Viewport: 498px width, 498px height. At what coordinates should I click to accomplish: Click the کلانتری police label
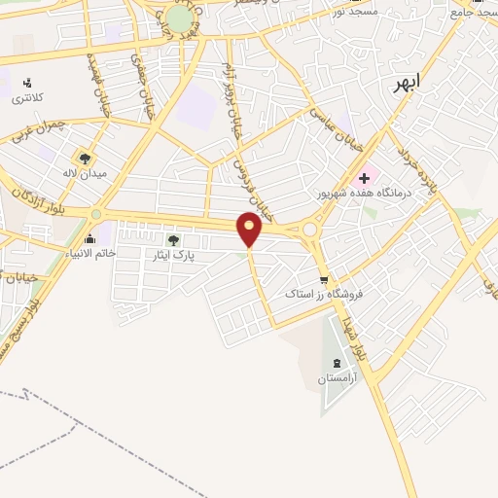(x=26, y=99)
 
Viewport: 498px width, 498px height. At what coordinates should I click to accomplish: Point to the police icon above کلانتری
(x=26, y=83)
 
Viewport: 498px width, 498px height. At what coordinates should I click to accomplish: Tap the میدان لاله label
(x=84, y=172)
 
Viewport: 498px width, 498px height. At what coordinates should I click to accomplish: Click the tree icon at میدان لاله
(x=85, y=157)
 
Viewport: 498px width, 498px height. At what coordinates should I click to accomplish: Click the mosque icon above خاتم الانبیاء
(x=90, y=238)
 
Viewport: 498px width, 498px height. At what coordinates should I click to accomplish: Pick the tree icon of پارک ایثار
(x=174, y=239)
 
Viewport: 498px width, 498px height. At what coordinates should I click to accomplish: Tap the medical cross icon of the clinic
(x=364, y=178)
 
